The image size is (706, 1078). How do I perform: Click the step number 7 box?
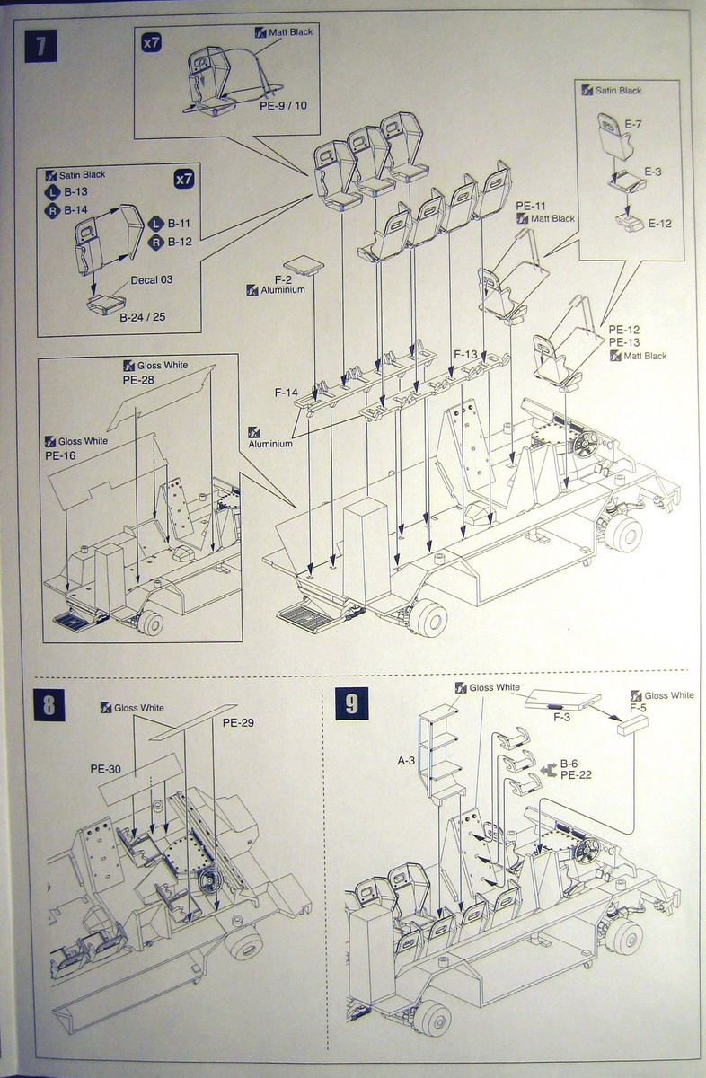(x=41, y=46)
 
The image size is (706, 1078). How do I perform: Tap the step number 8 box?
(x=49, y=705)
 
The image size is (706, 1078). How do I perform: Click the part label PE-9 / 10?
(x=283, y=105)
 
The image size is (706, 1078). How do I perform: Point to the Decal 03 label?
(x=152, y=279)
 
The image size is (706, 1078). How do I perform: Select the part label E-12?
(x=659, y=224)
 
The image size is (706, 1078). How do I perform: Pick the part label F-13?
(x=467, y=354)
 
